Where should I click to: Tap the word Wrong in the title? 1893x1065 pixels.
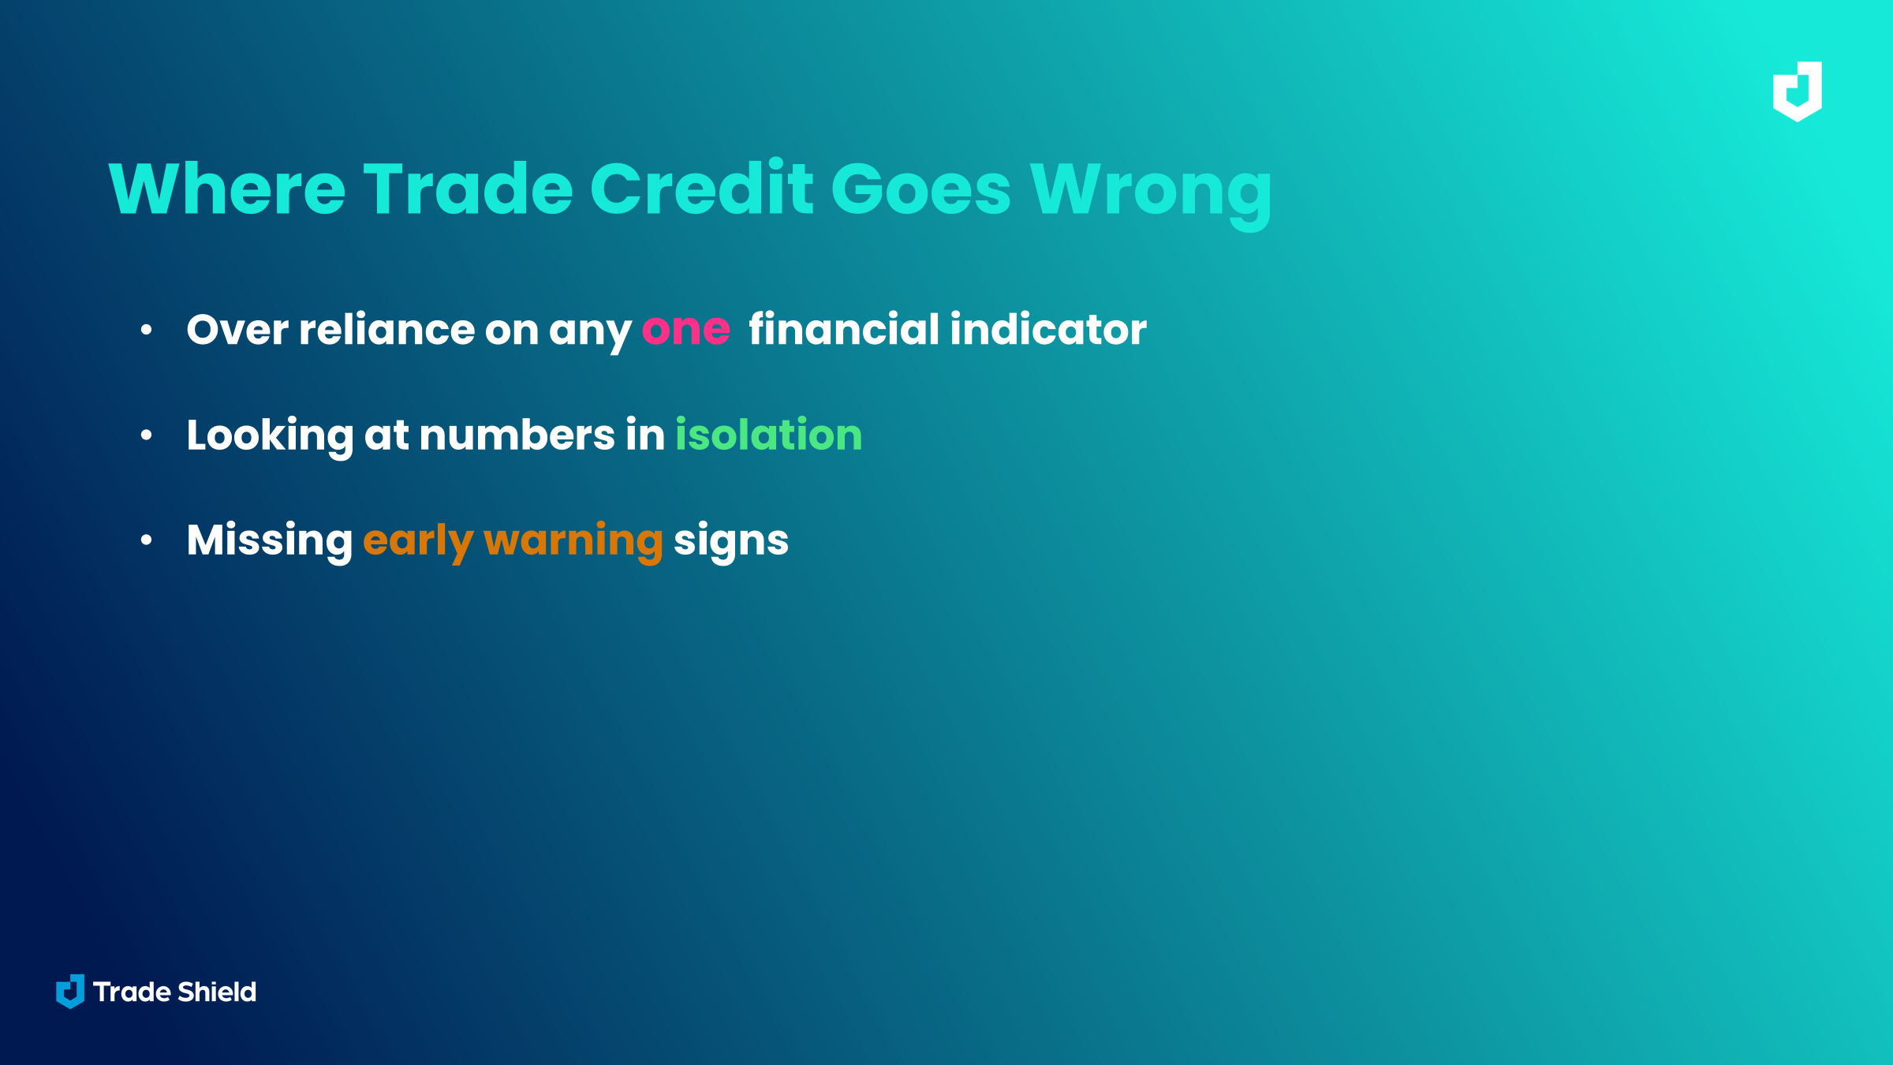[x=1151, y=194]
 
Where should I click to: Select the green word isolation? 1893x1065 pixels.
[x=769, y=435]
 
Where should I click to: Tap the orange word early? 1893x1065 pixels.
[x=418, y=542]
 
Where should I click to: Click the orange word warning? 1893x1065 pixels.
[x=573, y=542]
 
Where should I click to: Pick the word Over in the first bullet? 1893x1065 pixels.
[x=237, y=330]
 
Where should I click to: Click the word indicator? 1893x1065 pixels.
[x=1048, y=329]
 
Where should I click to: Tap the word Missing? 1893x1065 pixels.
[x=270, y=542]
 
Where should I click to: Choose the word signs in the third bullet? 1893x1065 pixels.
[x=731, y=542]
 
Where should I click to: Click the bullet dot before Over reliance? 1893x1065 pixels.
[x=146, y=330]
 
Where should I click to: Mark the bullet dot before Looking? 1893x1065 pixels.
[x=146, y=435]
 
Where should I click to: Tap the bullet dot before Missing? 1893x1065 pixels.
[x=146, y=540]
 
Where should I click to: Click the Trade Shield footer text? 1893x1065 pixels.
[x=174, y=992]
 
